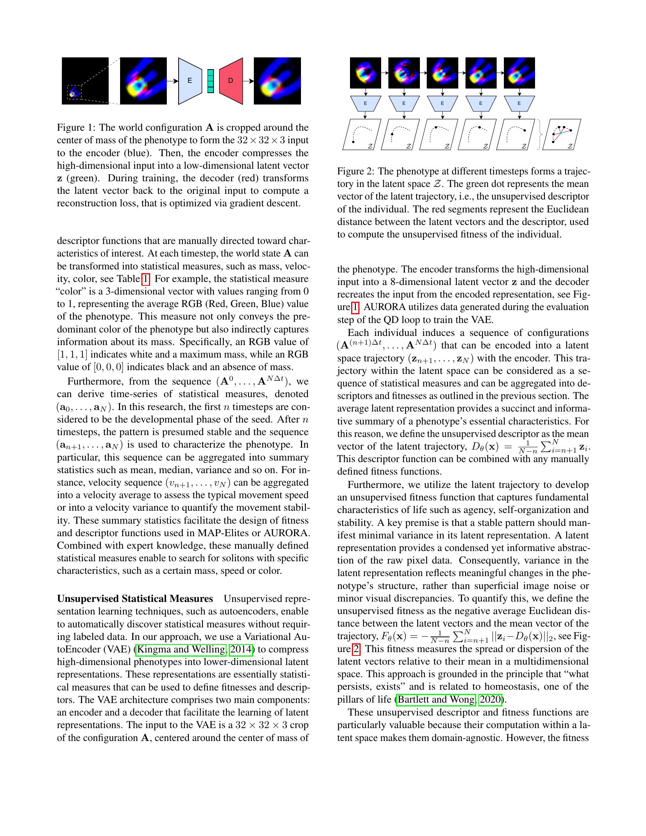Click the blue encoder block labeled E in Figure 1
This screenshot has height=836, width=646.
pos(190,81)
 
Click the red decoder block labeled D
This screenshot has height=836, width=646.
pos(231,81)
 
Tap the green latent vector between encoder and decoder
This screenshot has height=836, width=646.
pos(211,81)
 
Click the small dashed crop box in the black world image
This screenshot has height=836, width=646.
pos(74,92)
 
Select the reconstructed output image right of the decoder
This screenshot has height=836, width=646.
pos(277,81)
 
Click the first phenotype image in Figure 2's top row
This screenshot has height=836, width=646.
pos(366,73)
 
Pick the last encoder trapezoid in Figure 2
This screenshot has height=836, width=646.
pos(519,103)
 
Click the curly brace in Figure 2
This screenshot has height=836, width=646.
pos(540,135)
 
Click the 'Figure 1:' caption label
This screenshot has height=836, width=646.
pos(76,127)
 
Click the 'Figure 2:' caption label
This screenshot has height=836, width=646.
pos(356,171)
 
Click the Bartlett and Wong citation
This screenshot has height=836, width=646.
pos(436,700)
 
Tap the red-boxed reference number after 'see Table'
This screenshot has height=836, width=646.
pos(146,279)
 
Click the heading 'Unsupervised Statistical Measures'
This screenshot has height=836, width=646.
pos(135,598)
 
